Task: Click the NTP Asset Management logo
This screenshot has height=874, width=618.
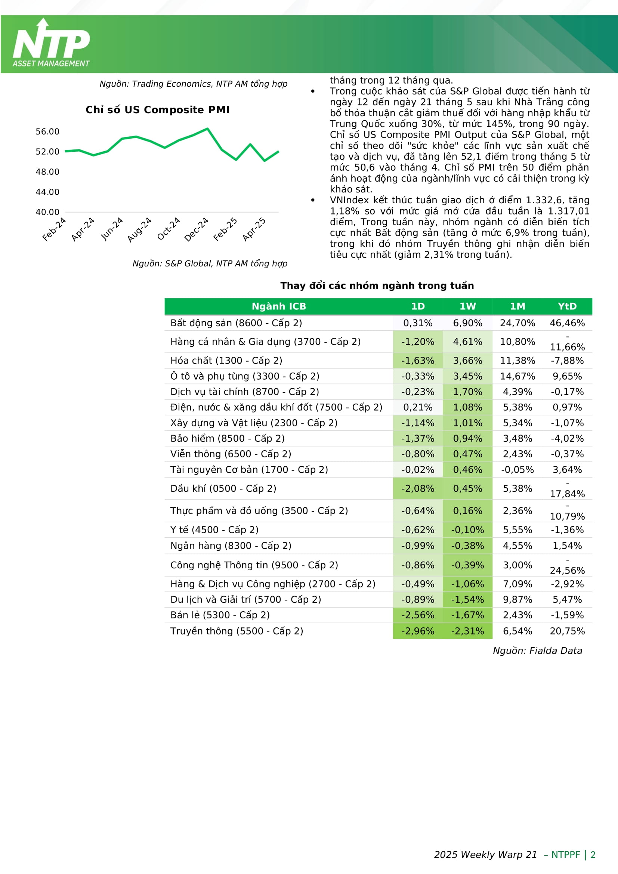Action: click(x=51, y=43)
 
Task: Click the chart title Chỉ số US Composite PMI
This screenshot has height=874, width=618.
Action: click(x=158, y=110)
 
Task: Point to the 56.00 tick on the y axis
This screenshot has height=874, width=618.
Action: click(x=47, y=132)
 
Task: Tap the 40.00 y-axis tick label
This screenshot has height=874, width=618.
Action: click(x=47, y=212)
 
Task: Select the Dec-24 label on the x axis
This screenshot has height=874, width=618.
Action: click(x=197, y=229)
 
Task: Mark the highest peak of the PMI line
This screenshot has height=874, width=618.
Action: click(x=207, y=129)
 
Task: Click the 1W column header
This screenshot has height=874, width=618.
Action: click(x=467, y=306)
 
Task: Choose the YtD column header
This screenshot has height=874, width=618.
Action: click(x=567, y=306)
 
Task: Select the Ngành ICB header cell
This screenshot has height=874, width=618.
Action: click(x=279, y=306)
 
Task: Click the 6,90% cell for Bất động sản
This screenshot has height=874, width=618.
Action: click(x=467, y=323)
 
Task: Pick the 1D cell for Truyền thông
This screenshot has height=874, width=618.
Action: click(x=417, y=631)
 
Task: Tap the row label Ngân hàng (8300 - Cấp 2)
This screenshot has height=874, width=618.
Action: click(x=231, y=546)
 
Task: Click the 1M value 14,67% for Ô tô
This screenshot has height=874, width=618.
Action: click(x=517, y=377)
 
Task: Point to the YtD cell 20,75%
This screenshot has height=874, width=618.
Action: click(x=567, y=631)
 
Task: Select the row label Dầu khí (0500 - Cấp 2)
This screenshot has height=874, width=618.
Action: click(x=223, y=488)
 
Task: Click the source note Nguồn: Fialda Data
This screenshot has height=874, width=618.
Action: click(x=537, y=651)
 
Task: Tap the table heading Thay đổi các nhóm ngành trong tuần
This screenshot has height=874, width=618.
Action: click(x=377, y=286)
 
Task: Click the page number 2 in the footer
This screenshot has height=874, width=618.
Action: click(x=593, y=855)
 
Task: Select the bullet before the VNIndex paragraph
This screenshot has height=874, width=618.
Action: click(x=313, y=200)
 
